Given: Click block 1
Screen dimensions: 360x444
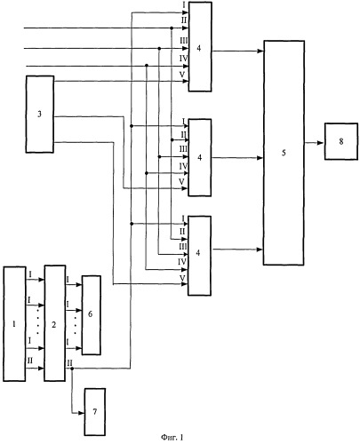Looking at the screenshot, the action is point(14,324).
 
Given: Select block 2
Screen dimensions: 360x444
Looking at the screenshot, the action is point(55,323).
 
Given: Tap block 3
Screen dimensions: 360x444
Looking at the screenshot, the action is point(40,115).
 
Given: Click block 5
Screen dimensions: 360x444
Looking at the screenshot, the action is point(284,153).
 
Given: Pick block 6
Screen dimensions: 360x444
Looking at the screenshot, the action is point(92,315).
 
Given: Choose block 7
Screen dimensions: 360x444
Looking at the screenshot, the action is point(95,412).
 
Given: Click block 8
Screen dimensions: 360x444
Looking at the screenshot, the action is point(341,141).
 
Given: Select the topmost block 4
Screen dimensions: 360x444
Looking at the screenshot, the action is point(200,47).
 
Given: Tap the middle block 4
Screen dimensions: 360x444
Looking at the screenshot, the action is point(200,157).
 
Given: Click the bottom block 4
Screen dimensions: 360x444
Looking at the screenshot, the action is point(200,256).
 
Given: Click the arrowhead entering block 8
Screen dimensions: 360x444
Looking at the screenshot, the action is point(321,143).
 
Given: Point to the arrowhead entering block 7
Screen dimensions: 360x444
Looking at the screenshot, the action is point(81,413).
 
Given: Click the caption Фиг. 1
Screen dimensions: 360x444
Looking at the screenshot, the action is point(172,437).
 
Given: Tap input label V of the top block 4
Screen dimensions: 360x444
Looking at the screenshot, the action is point(182,75).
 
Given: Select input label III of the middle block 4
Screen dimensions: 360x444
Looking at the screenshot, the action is point(184,149).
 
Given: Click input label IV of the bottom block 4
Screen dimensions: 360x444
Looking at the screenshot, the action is point(182,262).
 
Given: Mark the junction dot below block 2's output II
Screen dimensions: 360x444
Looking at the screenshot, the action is point(72,369).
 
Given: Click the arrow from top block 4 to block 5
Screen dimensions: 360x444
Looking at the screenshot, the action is point(237,51).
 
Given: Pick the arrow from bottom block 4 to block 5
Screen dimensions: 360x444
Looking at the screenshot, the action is point(237,250).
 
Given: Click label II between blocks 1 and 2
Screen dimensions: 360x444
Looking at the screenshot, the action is point(30,361).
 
